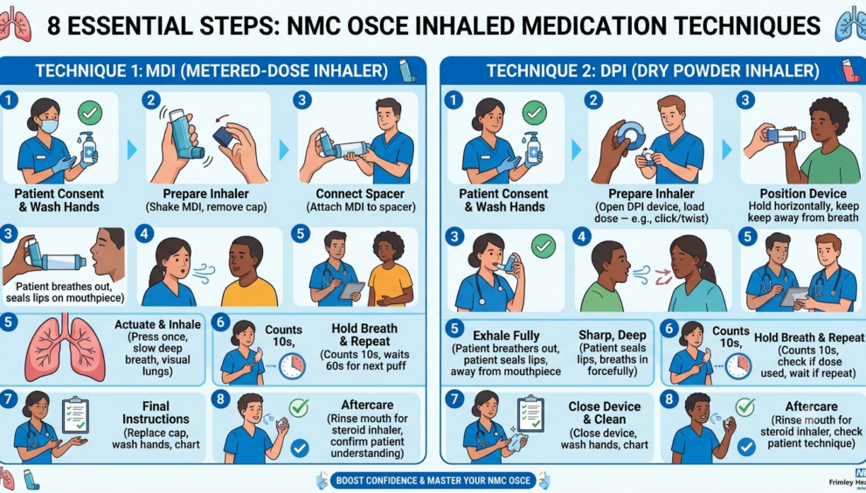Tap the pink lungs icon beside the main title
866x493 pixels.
click(x=16, y=25)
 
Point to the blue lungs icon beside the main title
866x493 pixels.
click(x=851, y=25)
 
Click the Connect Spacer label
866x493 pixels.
click(x=360, y=194)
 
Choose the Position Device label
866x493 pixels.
click(x=803, y=194)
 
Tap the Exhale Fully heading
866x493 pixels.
click(x=506, y=336)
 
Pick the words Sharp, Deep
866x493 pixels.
click(x=612, y=335)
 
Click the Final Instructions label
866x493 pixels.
click(x=156, y=413)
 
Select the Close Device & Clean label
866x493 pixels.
click(x=604, y=413)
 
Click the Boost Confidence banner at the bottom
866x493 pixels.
click(x=433, y=480)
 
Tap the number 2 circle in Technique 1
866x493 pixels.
click(x=151, y=100)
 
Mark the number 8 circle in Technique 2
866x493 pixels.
click(x=669, y=399)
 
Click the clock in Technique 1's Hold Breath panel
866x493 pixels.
click(x=292, y=365)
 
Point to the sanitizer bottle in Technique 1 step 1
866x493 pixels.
click(x=87, y=149)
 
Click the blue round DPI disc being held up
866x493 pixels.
click(x=629, y=136)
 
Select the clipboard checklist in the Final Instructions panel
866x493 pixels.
click(x=75, y=414)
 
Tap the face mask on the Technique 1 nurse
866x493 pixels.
click(x=50, y=126)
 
